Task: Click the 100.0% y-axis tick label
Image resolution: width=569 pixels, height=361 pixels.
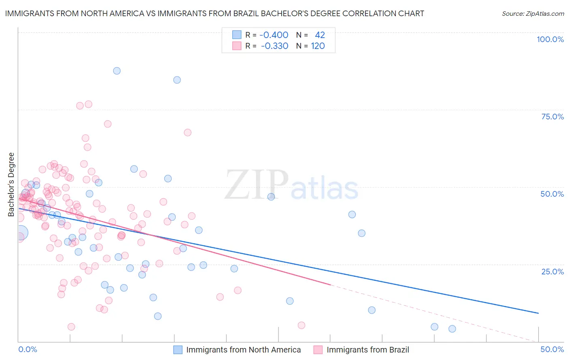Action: pos(550,39)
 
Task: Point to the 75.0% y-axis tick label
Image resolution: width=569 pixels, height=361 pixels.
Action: pos(552,117)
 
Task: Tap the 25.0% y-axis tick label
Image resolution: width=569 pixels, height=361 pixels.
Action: pos(552,271)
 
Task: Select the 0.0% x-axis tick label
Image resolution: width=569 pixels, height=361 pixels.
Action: pos(28,349)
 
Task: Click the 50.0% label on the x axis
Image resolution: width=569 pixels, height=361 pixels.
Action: pos(552,349)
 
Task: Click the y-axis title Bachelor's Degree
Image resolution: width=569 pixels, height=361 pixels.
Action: pos(11,185)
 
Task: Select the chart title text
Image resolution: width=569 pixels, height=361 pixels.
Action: pos(214,13)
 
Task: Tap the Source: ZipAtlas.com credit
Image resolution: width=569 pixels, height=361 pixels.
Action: pos(533,13)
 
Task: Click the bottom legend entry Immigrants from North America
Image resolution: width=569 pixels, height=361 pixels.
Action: pos(243,350)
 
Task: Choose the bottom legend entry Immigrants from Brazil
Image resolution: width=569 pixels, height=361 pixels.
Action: pos(367,350)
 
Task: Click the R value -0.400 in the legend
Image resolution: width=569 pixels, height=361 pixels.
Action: pos(274,35)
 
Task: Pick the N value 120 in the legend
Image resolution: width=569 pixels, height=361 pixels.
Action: pos(318,46)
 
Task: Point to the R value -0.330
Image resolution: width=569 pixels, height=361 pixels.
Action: pos(274,46)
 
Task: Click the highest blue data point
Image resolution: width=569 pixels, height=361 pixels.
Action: pos(117,71)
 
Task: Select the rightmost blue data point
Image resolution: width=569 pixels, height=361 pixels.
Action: pos(452,329)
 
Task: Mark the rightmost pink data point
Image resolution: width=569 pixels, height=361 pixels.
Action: pos(301,325)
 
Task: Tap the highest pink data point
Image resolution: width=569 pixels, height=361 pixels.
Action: pos(88,104)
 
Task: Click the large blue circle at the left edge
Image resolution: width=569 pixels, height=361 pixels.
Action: pos(21,233)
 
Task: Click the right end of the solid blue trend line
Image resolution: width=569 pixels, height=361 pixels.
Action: pos(538,313)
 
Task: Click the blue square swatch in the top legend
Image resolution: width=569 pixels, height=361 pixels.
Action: pos(237,35)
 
